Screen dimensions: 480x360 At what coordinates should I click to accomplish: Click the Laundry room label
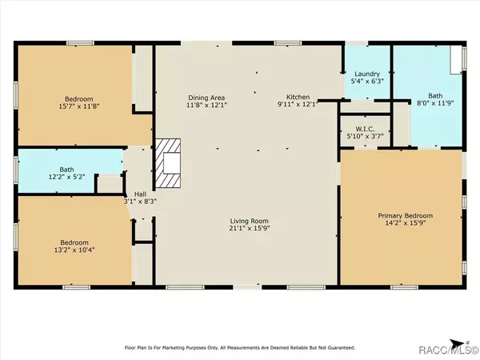click(367, 74)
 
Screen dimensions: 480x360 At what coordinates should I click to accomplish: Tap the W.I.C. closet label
click(365, 129)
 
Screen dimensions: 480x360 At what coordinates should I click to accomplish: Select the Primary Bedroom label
click(406, 216)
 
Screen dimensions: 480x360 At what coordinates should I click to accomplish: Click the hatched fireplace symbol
click(168, 163)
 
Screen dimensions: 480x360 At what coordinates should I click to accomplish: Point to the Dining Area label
click(206, 98)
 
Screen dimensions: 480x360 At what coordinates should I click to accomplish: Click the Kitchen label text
click(298, 97)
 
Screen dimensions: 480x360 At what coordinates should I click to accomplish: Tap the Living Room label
click(249, 221)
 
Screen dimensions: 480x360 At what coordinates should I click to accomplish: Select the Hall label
click(140, 194)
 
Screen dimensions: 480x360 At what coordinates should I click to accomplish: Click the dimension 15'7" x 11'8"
click(79, 106)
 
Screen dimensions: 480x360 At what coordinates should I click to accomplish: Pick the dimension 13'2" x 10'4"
click(74, 250)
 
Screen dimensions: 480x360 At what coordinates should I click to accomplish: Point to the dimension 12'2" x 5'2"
click(66, 177)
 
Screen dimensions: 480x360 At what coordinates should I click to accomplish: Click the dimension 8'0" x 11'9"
click(435, 103)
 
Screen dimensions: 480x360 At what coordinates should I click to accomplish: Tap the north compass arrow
click(458, 343)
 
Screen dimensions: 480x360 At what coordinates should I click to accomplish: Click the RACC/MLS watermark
click(448, 350)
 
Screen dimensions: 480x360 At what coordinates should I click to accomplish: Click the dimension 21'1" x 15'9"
click(249, 228)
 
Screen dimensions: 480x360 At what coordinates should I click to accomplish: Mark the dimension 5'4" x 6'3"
click(367, 81)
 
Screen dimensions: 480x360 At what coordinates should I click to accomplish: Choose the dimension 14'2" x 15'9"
click(406, 223)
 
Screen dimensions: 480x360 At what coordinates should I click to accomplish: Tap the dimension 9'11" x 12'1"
click(298, 104)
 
